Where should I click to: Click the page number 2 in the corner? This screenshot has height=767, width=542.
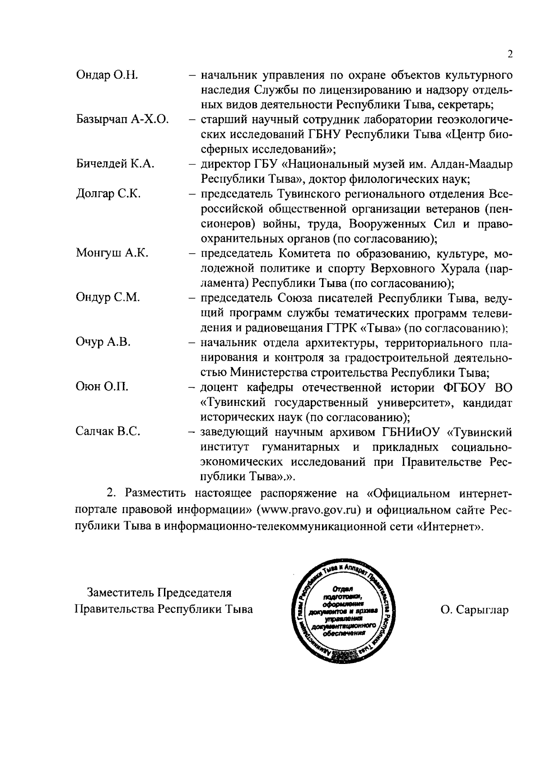tap(510, 55)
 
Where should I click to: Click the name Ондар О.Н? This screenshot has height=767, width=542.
tap(107, 75)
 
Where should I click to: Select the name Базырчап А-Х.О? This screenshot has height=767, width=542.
tap(122, 119)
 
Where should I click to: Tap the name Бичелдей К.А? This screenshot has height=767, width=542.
tap(115, 164)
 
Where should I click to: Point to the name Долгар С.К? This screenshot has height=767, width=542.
tap(108, 194)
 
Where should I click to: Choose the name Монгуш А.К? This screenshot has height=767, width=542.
tap(112, 253)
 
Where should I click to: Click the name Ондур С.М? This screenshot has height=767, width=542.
tap(108, 298)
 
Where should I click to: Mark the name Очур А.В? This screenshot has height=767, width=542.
tap(103, 342)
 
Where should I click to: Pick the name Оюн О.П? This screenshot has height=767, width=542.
tap(102, 387)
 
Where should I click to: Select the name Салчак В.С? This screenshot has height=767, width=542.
tap(108, 432)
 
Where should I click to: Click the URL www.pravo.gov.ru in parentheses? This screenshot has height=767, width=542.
tap(310, 511)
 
